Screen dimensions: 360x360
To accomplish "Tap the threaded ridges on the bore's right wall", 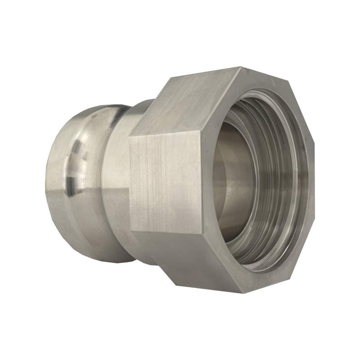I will pyautogui.click(x=281, y=180).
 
